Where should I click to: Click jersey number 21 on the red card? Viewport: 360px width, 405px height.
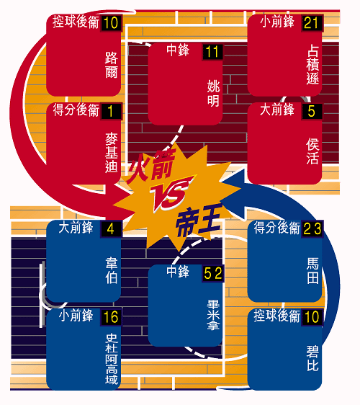tap(312, 23)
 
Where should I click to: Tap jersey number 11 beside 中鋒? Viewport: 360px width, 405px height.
tap(212, 52)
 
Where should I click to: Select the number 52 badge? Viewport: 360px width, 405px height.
tap(213, 274)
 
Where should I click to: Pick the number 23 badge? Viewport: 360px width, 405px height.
tap(312, 229)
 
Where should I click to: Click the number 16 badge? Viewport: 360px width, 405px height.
tap(111, 317)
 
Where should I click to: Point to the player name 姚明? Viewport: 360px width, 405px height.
tap(213, 93)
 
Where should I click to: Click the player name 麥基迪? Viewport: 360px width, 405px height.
tap(112, 152)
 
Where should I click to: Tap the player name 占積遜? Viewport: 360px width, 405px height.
tap(312, 65)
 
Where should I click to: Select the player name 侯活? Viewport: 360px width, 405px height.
tap(312, 151)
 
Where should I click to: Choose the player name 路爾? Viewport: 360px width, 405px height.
tap(112, 65)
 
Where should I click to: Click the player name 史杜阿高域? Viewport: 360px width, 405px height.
tap(112, 359)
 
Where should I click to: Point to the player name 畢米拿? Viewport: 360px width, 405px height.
tap(213, 315)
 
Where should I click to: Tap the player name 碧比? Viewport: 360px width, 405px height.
tap(312, 358)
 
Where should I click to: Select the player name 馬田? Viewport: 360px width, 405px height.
tap(312, 270)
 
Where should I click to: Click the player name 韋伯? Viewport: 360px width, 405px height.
tap(112, 270)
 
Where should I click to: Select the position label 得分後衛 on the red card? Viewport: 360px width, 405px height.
tap(76, 110)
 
